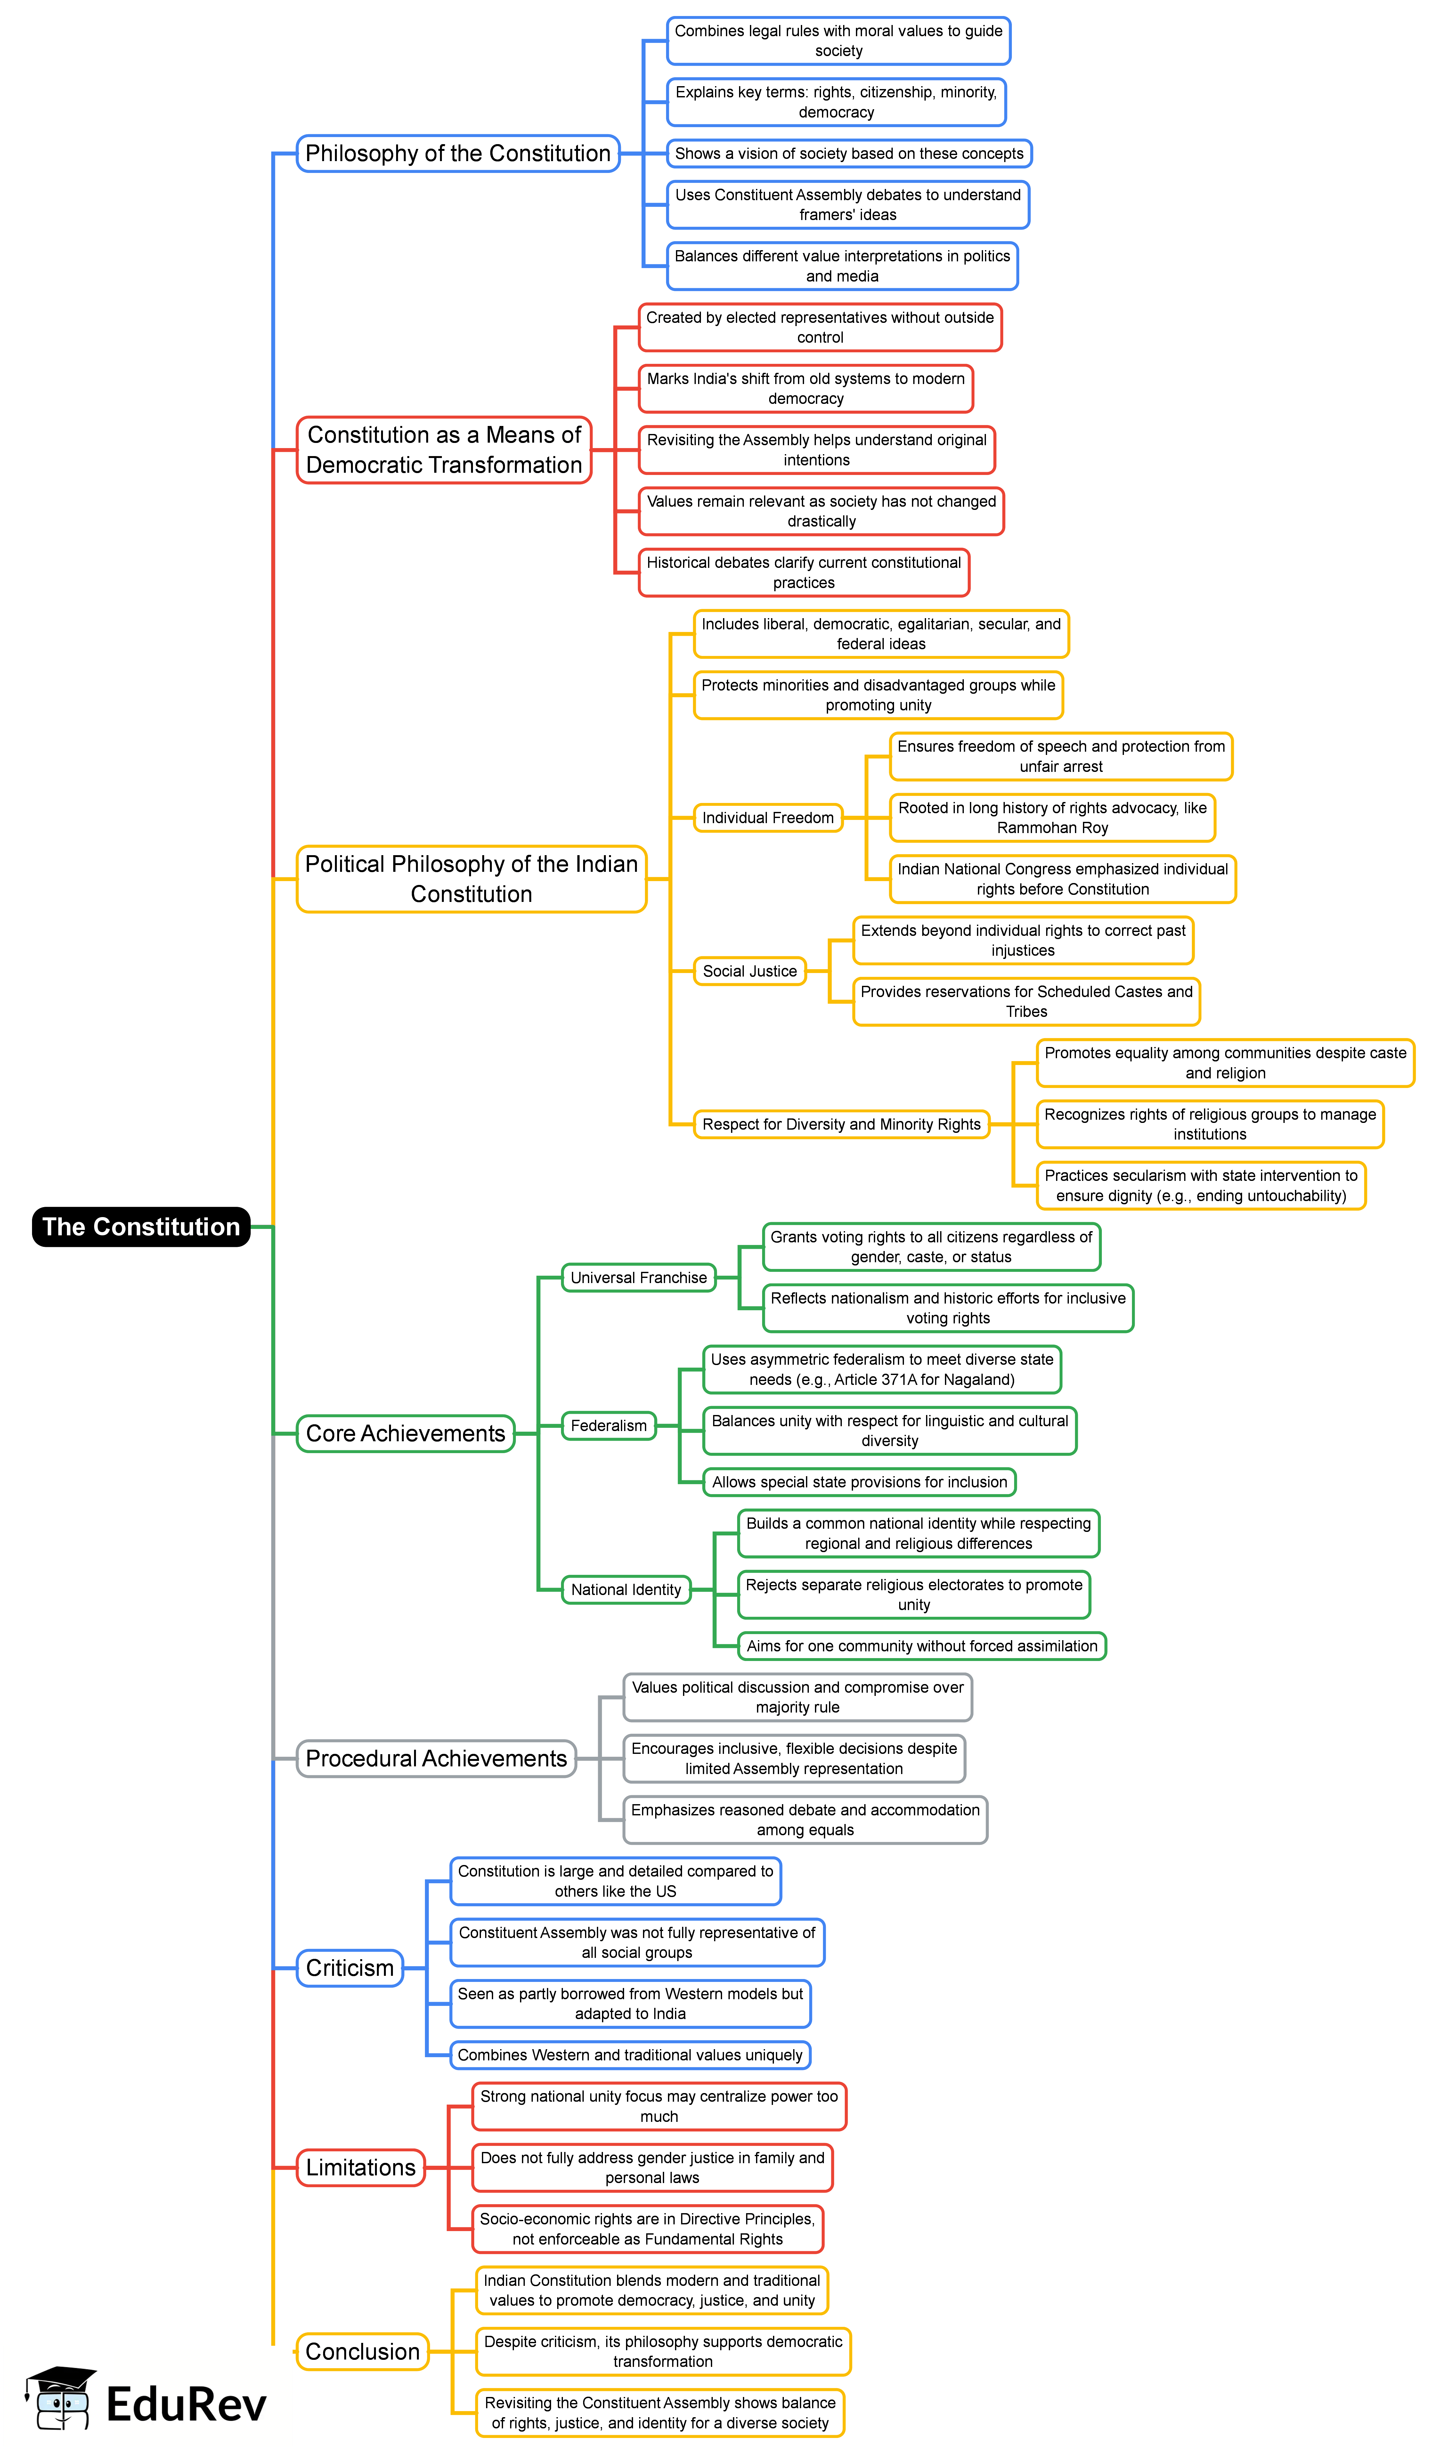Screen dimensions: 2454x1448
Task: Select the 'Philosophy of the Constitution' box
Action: (458, 153)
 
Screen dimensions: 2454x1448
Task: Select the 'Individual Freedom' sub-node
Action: (768, 818)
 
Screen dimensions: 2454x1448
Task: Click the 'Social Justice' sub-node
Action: (749, 971)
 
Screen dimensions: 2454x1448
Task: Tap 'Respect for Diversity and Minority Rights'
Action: (841, 1124)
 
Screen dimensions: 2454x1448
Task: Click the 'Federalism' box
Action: (609, 1426)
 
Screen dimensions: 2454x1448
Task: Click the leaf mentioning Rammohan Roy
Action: (1052, 818)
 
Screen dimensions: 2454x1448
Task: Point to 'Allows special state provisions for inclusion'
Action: (860, 1482)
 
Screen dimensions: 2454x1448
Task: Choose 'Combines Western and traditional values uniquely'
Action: (630, 2055)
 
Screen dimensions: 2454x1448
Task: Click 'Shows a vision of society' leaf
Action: (849, 153)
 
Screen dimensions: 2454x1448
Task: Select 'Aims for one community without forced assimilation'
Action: (922, 1646)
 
